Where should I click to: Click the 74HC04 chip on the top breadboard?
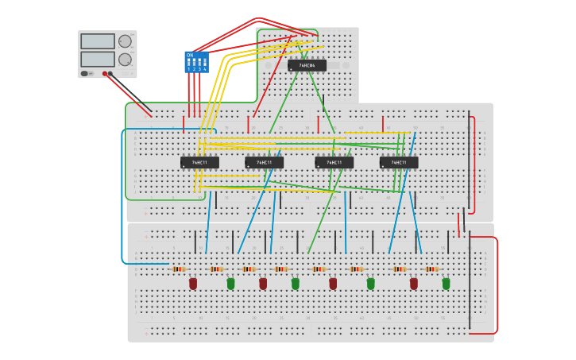[x=307, y=65]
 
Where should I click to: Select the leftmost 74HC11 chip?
[x=199, y=162]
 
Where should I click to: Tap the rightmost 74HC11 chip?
[x=399, y=162]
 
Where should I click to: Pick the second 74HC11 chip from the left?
[x=264, y=162]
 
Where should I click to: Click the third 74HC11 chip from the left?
[x=334, y=162]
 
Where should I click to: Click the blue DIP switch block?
[x=196, y=62]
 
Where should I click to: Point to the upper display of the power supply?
[x=98, y=41]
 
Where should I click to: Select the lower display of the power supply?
[x=98, y=59]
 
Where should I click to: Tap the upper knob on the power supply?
[x=125, y=41]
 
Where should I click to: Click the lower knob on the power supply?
[x=125, y=60]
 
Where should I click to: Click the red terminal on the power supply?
[x=104, y=74]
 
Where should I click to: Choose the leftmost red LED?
[x=192, y=283]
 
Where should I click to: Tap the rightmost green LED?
[x=446, y=283]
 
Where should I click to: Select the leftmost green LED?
[x=230, y=283]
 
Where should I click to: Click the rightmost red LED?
[x=413, y=283]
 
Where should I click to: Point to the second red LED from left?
[x=263, y=283]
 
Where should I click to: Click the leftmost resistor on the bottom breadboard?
[x=180, y=269]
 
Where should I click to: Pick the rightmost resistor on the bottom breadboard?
[x=432, y=269]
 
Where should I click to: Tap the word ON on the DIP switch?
[x=190, y=55]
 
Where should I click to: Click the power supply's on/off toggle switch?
[x=84, y=74]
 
